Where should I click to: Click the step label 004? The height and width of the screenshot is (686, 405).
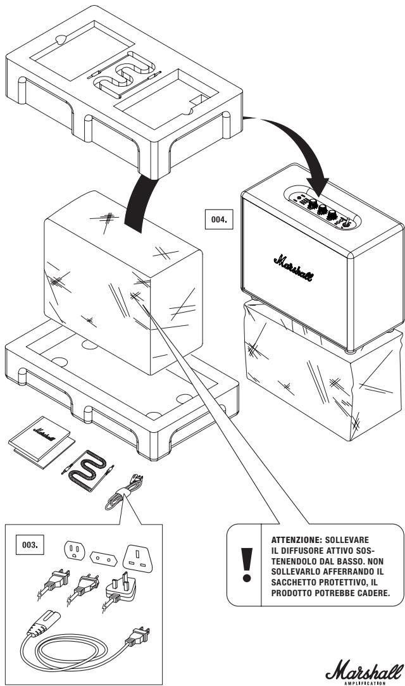click(x=219, y=219)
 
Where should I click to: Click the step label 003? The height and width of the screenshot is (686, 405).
click(x=30, y=545)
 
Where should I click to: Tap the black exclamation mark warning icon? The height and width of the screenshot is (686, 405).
click(x=247, y=565)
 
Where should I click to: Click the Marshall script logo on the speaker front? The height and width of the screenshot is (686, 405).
click(x=294, y=268)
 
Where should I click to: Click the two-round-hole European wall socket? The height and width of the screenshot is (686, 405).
click(x=103, y=558)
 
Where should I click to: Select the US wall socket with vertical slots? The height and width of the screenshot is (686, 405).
click(x=75, y=550)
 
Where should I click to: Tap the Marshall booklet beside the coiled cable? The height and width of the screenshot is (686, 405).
click(x=42, y=442)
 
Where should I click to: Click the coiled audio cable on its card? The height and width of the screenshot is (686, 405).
click(x=89, y=470)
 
